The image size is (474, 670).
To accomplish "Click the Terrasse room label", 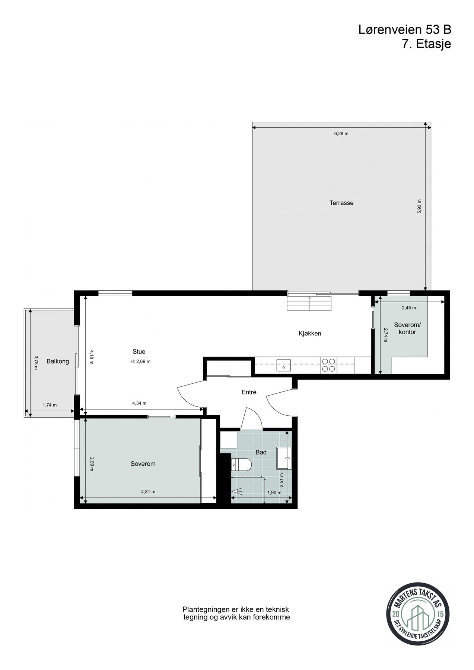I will (x=341, y=203).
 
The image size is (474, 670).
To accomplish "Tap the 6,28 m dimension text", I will (x=341, y=134).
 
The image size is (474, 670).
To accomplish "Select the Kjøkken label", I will (x=309, y=334).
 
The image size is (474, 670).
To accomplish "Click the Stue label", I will (x=139, y=351).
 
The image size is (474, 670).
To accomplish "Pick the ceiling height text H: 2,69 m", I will (x=140, y=361).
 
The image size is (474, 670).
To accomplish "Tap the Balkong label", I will (x=58, y=361).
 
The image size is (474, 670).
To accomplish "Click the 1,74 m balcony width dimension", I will (x=50, y=405).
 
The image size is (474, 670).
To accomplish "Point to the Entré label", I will (x=249, y=392).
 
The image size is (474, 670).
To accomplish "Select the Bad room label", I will (x=261, y=452).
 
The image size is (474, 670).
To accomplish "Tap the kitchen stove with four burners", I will (x=328, y=365).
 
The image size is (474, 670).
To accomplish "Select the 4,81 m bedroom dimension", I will (x=148, y=492).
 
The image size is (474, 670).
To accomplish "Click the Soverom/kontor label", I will (x=407, y=328).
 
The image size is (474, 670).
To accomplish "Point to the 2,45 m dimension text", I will (x=409, y=308).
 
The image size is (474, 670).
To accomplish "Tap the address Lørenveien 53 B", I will (x=405, y=30).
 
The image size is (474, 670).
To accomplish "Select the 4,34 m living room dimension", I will (x=139, y=403).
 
